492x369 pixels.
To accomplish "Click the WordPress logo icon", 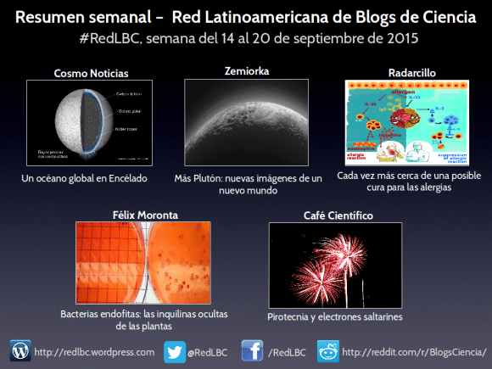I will (x=20, y=350).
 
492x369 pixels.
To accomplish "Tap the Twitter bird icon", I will (x=175, y=350).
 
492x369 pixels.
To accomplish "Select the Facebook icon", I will (x=252, y=350).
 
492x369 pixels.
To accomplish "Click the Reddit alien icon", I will (x=328, y=350).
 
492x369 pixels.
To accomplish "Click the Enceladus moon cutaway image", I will (x=84, y=123).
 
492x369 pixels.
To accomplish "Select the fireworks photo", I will (x=334, y=265).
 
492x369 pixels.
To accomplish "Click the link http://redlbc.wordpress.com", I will (x=94, y=351).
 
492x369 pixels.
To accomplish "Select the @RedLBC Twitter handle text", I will (x=206, y=351).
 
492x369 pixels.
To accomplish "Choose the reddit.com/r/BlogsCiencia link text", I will (x=415, y=351).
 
